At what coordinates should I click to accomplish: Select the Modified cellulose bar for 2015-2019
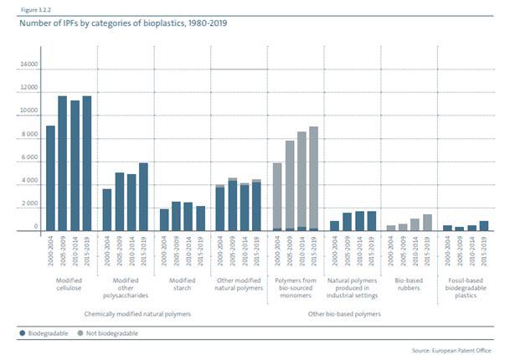click(x=86, y=162)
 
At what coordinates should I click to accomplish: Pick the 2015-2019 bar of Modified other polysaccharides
click(x=143, y=196)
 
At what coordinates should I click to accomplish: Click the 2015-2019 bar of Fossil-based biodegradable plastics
click(x=484, y=225)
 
